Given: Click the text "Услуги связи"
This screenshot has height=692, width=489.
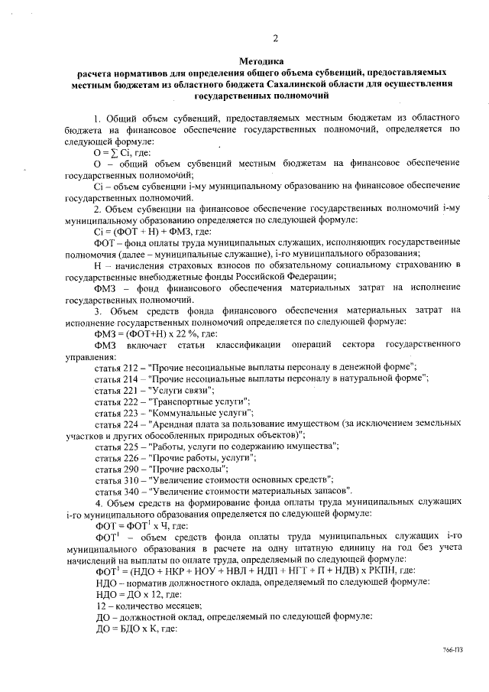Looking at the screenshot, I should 172,389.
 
